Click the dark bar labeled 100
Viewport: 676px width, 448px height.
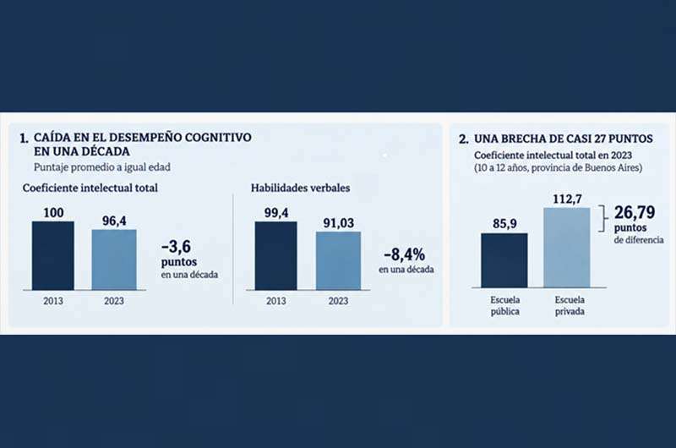53,255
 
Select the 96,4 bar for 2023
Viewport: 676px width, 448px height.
114,260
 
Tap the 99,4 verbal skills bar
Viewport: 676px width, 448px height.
276,255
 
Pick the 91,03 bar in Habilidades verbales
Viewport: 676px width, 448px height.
339,261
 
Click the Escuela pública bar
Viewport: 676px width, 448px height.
504,260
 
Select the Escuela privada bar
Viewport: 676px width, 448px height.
567,248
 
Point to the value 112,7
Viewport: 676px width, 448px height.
567,199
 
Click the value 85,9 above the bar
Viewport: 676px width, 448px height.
504,223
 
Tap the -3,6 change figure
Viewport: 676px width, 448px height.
176,247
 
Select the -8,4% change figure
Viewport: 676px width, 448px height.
405,254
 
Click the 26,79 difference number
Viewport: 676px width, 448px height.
635,212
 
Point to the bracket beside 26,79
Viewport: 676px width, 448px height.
602,219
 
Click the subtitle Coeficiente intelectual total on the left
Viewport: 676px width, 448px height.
90,188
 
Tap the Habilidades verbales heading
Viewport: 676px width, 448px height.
301,188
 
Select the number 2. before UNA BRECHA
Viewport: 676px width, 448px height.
464,139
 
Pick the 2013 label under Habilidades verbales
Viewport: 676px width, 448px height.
276,301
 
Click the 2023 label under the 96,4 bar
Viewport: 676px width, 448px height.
114,301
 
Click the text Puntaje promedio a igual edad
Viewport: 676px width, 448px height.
102,167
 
